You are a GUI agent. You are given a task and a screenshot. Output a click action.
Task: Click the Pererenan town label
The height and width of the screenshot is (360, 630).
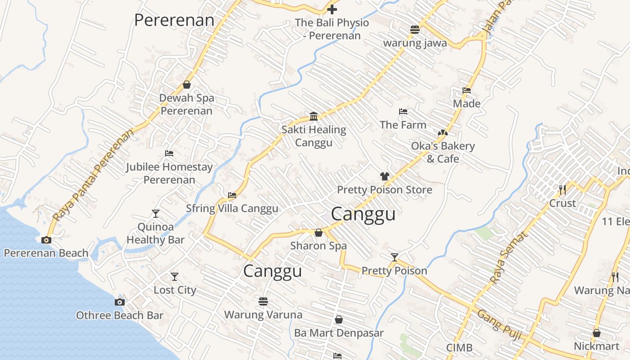pos(174,20)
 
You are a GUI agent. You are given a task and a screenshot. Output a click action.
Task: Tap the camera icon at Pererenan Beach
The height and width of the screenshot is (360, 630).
pos(46,240)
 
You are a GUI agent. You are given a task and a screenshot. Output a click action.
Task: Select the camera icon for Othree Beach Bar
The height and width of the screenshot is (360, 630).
pos(120,302)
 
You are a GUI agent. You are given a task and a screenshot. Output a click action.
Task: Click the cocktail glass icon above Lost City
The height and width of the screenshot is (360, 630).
pos(175,276)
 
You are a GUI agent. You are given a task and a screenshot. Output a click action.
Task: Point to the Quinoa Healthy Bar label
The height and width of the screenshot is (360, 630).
pos(155,233)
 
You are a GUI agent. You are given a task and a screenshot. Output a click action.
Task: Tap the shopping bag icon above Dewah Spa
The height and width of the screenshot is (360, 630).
pos(187,85)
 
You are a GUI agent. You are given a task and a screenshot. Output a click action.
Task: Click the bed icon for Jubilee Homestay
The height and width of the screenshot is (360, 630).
pos(169,153)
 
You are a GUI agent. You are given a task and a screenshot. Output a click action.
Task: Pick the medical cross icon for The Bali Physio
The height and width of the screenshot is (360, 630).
pos(332,9)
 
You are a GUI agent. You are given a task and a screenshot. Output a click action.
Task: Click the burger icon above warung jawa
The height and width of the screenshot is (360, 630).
pos(415,30)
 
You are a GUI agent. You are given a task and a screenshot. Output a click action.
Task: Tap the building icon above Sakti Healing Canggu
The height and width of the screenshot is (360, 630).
pos(314,117)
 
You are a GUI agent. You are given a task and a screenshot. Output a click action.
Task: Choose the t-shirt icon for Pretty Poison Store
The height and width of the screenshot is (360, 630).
pos(384,176)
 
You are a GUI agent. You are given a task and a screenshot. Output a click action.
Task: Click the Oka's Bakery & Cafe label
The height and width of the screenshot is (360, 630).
pos(443,153)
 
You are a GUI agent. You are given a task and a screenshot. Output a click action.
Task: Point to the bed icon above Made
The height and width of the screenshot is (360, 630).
pos(467,90)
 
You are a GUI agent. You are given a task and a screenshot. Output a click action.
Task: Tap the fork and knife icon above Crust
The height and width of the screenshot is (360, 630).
pos(562,189)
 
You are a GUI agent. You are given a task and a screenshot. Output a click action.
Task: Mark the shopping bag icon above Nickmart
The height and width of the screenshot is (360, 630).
pos(597,333)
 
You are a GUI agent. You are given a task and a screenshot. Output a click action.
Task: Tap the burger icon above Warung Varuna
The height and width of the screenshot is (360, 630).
pos(263,301)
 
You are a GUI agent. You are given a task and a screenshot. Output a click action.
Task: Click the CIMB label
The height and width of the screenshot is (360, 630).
pos(459,347)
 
